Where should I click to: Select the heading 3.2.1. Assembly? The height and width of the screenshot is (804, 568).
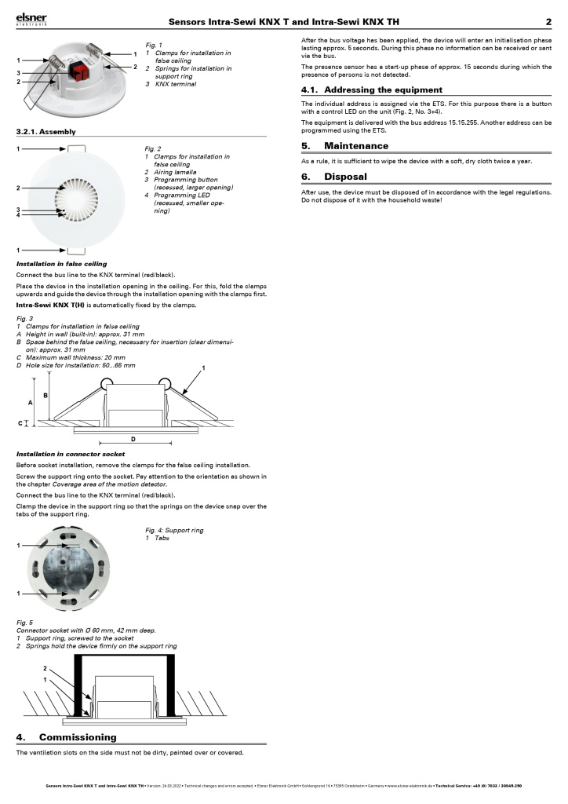(x=46, y=131)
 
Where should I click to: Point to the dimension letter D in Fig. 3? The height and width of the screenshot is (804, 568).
(x=133, y=439)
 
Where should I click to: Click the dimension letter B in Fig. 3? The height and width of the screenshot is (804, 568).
(x=46, y=394)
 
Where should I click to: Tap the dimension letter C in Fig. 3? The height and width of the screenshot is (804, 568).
(x=20, y=423)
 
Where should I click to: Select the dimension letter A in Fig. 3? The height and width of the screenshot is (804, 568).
(x=31, y=401)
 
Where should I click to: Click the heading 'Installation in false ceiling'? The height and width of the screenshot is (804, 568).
(x=62, y=264)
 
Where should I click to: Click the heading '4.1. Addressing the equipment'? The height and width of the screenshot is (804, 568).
(x=372, y=90)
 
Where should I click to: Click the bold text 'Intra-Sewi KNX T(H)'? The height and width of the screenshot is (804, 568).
(x=50, y=305)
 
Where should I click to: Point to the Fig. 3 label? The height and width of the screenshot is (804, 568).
(x=24, y=318)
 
